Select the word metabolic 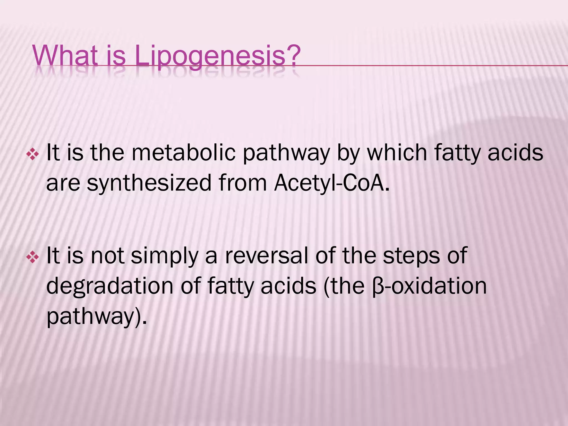[x=183, y=153]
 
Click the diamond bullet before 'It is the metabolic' [x=32, y=154]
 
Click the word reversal [x=267, y=256]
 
